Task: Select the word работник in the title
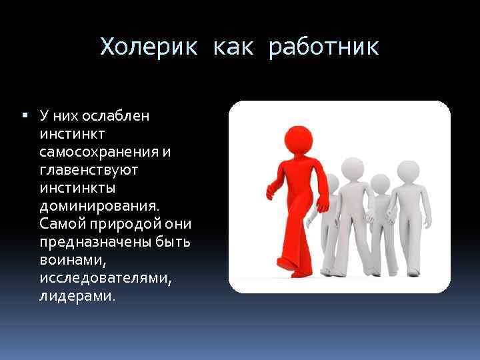pos(324,47)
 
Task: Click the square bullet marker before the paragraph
pos(25,115)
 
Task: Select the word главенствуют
pos(89,170)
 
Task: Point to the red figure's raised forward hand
pos(270,191)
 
